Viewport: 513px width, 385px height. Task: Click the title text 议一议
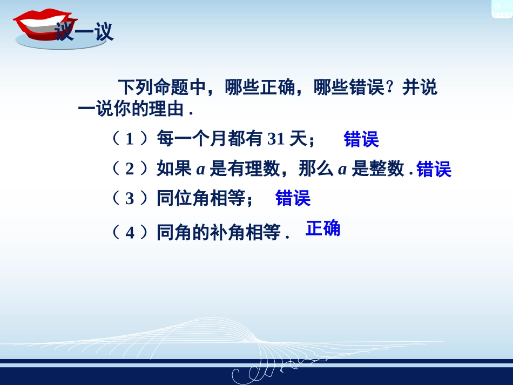[x=84, y=32]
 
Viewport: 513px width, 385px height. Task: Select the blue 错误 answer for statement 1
[x=361, y=139]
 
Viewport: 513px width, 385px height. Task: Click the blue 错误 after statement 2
[x=434, y=170]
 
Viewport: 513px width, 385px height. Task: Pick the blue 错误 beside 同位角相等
[x=293, y=198]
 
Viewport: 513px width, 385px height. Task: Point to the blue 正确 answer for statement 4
[x=323, y=228]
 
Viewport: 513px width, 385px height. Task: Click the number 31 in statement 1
[x=276, y=139]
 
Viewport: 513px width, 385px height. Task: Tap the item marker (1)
[x=130, y=139]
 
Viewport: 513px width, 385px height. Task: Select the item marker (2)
[x=130, y=170]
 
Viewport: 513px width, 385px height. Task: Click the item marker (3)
[x=130, y=199]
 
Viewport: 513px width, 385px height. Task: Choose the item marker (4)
[x=130, y=233]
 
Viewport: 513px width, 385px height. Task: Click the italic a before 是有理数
[x=200, y=170]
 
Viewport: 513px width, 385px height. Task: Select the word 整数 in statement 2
[x=387, y=170]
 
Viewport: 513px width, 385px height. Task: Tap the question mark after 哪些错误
[x=392, y=87]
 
